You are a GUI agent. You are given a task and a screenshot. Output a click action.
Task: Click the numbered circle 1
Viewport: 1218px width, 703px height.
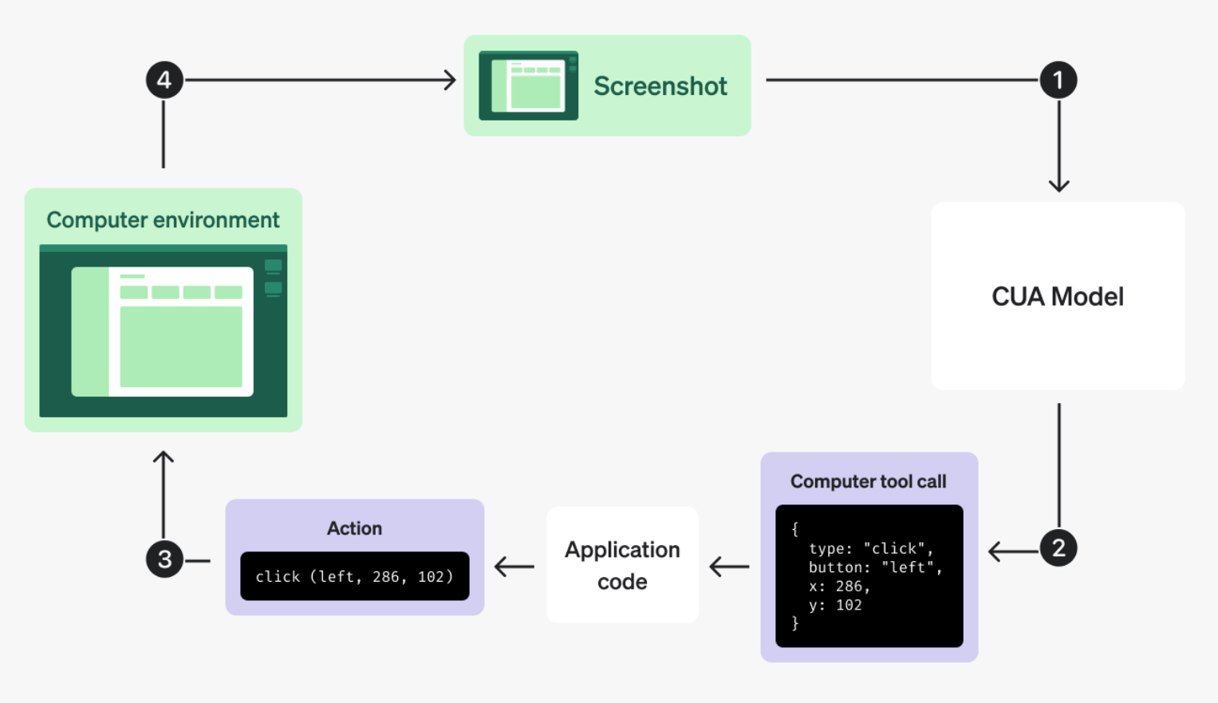[x=1058, y=81]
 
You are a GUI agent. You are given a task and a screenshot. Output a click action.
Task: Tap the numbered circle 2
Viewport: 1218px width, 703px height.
[x=1058, y=548]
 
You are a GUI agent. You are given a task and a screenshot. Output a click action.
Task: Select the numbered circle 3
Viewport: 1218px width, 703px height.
[x=164, y=559]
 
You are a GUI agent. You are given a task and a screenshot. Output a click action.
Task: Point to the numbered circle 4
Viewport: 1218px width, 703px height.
[x=164, y=80]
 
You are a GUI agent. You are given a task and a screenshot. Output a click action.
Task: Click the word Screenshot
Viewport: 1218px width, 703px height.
[x=660, y=86]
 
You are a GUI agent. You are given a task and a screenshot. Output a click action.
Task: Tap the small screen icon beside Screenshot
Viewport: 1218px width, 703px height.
[x=529, y=85]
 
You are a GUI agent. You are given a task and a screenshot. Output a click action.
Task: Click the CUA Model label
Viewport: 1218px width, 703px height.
[x=1058, y=297]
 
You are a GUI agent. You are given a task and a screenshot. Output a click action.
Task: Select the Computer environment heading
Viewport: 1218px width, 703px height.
[x=164, y=220]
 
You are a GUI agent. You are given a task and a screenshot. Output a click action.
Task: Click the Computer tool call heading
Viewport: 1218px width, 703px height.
[x=869, y=481]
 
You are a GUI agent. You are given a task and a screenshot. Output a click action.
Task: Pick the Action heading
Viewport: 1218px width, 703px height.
[x=354, y=528]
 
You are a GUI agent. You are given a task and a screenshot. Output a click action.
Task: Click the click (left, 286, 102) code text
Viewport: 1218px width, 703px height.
[x=354, y=576]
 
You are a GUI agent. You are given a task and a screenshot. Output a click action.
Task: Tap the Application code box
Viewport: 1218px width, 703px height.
[x=622, y=565]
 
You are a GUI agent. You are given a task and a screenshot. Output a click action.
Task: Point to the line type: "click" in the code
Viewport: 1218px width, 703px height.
[x=871, y=548]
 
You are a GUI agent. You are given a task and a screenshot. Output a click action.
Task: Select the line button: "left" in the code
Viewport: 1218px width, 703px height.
[x=876, y=567]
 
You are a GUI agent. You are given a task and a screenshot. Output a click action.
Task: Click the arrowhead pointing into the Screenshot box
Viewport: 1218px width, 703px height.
[x=450, y=80]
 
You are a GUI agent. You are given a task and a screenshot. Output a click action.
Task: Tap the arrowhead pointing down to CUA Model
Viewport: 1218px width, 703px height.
[x=1058, y=186]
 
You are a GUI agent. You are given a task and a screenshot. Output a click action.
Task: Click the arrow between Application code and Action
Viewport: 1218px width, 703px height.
[x=514, y=567]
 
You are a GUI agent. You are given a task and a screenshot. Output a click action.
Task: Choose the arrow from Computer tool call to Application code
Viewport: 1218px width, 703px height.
[x=729, y=567]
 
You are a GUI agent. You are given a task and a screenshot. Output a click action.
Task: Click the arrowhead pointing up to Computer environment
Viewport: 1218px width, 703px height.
[x=164, y=457]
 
